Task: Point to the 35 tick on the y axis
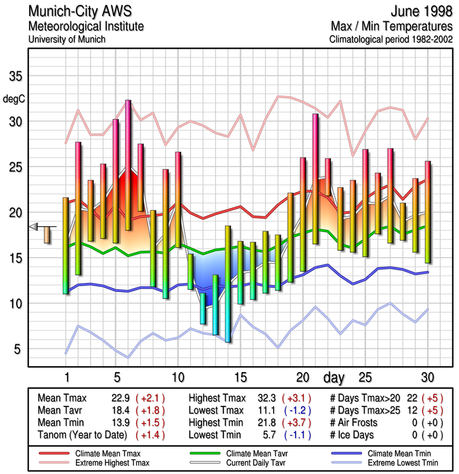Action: click(x=15, y=76)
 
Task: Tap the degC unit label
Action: click(x=14, y=99)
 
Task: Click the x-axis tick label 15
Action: click(x=240, y=377)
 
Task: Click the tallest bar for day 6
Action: click(x=128, y=165)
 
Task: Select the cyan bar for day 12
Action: click(x=203, y=308)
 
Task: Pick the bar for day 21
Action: click(x=315, y=178)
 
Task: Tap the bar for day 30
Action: click(x=428, y=212)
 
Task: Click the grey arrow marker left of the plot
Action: click(x=34, y=226)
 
